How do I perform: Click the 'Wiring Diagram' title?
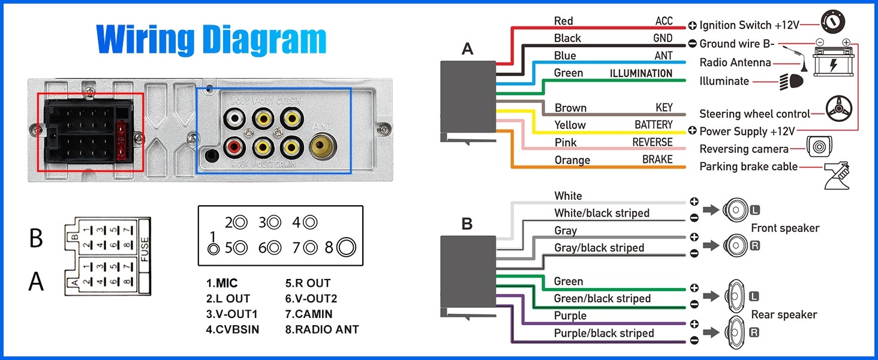click(211, 40)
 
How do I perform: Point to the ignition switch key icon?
click(833, 23)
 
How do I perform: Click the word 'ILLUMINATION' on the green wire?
click(641, 73)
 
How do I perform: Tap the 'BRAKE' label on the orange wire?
click(657, 160)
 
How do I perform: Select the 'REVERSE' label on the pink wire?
click(653, 142)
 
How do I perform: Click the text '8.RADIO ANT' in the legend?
click(322, 329)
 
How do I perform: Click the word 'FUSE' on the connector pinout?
click(144, 249)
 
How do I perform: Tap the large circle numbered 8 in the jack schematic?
click(347, 247)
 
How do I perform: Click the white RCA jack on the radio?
click(234, 117)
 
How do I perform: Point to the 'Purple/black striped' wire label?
click(604, 333)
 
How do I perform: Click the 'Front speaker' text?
click(785, 228)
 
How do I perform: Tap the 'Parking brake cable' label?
click(748, 166)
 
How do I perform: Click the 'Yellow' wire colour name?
click(570, 125)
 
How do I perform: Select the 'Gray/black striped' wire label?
click(599, 248)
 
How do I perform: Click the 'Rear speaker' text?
click(784, 314)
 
